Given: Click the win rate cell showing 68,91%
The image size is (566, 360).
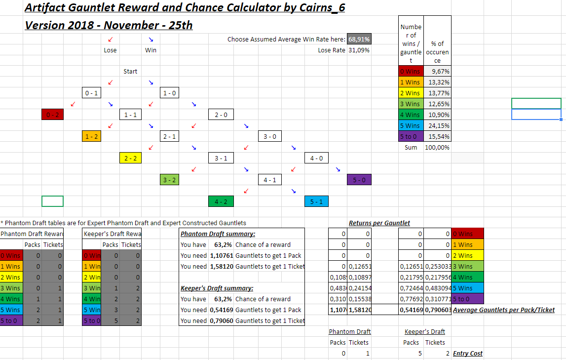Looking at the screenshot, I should (359, 39).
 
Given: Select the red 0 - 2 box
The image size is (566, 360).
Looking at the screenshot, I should (52, 115).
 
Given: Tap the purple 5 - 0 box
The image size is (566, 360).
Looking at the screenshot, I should (359, 180).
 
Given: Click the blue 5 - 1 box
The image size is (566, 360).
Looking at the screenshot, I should (316, 201).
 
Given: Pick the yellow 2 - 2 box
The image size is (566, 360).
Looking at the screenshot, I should (130, 158).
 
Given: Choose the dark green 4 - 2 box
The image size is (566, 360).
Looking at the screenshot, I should (221, 201).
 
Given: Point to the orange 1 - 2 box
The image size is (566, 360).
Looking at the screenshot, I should (91, 136).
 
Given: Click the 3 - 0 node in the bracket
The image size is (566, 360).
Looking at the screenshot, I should (270, 136).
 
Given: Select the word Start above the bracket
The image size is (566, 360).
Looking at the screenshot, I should (130, 72).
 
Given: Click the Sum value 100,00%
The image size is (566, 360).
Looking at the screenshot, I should (437, 147).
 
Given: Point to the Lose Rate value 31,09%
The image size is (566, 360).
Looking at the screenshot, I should (359, 50).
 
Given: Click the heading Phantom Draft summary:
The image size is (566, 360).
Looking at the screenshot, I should (218, 234).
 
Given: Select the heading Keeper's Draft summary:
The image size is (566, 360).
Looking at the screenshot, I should (217, 288).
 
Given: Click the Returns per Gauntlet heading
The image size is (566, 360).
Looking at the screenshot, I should (379, 223).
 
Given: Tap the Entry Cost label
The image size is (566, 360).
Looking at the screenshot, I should (468, 353).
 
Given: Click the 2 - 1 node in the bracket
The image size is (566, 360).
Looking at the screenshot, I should (169, 136).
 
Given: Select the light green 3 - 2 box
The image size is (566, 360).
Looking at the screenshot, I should (169, 180).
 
